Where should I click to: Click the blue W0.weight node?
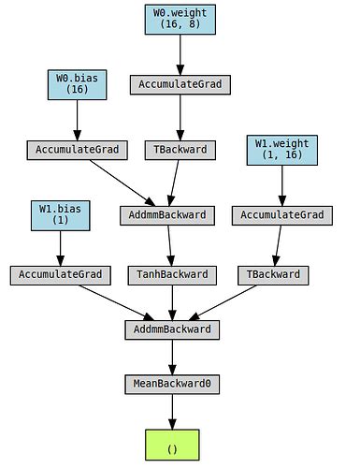pos(180,20)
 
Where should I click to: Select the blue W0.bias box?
pos(74,84)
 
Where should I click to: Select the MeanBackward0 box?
pos(171,385)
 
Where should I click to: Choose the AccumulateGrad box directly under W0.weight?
pos(180,84)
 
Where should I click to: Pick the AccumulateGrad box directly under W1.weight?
pos(281,214)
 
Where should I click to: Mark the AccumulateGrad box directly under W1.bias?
pos(61,275)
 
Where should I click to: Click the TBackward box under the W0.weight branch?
pos(180,150)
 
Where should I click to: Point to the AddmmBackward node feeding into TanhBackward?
pos(166,214)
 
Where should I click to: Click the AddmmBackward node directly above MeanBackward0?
pos(171,329)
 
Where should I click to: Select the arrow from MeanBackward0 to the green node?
pos(171,412)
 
